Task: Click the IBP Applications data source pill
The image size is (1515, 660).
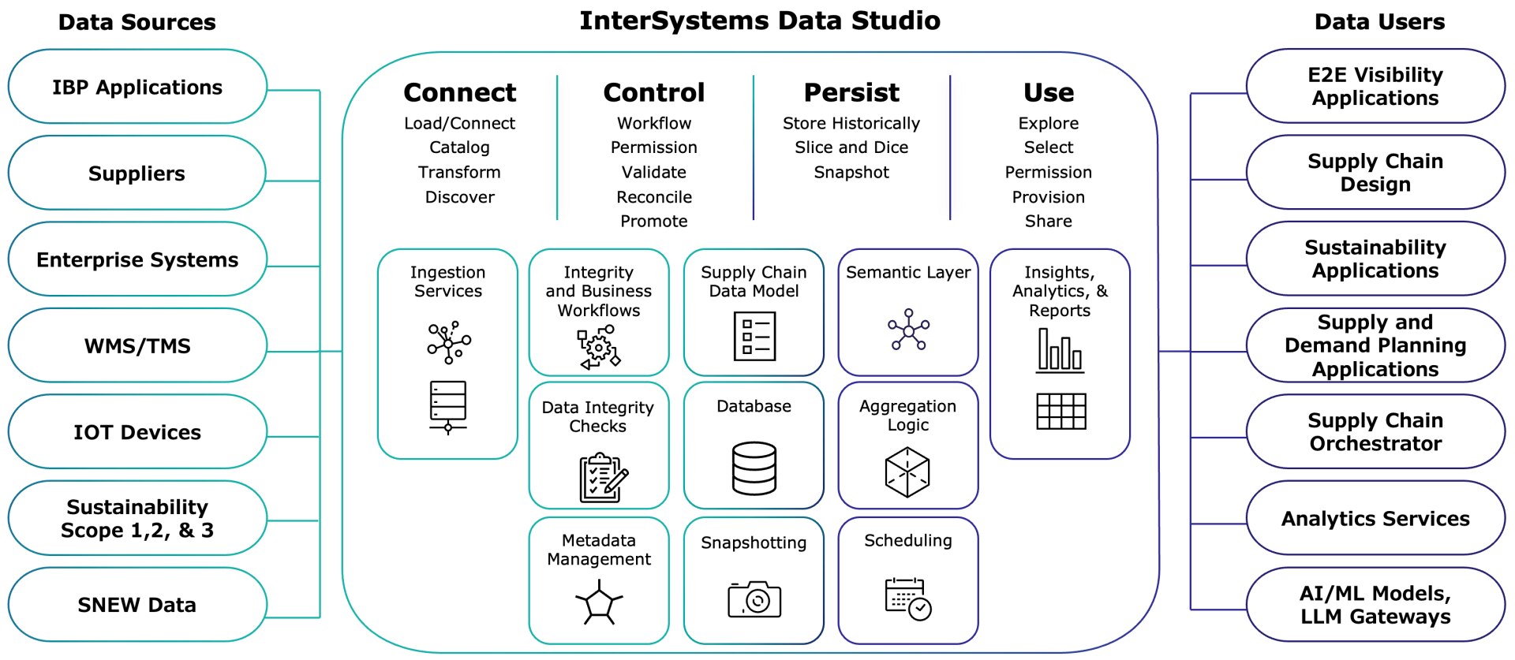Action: (x=137, y=87)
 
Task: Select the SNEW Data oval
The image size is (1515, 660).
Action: (x=137, y=605)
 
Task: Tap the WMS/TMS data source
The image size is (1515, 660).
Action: (x=137, y=345)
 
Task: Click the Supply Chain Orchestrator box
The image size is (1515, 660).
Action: (x=1375, y=432)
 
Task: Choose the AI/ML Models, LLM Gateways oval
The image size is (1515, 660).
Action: (x=1375, y=605)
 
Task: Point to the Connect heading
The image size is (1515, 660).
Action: (x=459, y=93)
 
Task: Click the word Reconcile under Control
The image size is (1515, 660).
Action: (x=653, y=197)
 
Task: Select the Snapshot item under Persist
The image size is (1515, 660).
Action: (x=851, y=172)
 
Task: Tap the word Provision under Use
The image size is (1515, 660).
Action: (x=1048, y=197)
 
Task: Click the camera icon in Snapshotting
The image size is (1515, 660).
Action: (x=754, y=600)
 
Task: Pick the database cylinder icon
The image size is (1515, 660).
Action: (x=754, y=468)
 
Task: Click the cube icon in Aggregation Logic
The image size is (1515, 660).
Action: (x=907, y=472)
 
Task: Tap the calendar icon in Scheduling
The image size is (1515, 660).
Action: (x=907, y=598)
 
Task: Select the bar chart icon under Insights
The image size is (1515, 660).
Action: (x=1060, y=350)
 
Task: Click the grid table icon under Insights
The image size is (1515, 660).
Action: (x=1060, y=411)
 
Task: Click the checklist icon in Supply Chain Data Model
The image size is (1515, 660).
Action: (x=754, y=336)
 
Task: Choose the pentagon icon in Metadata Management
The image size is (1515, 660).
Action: (x=599, y=603)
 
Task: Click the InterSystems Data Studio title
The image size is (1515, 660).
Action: (x=759, y=21)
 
